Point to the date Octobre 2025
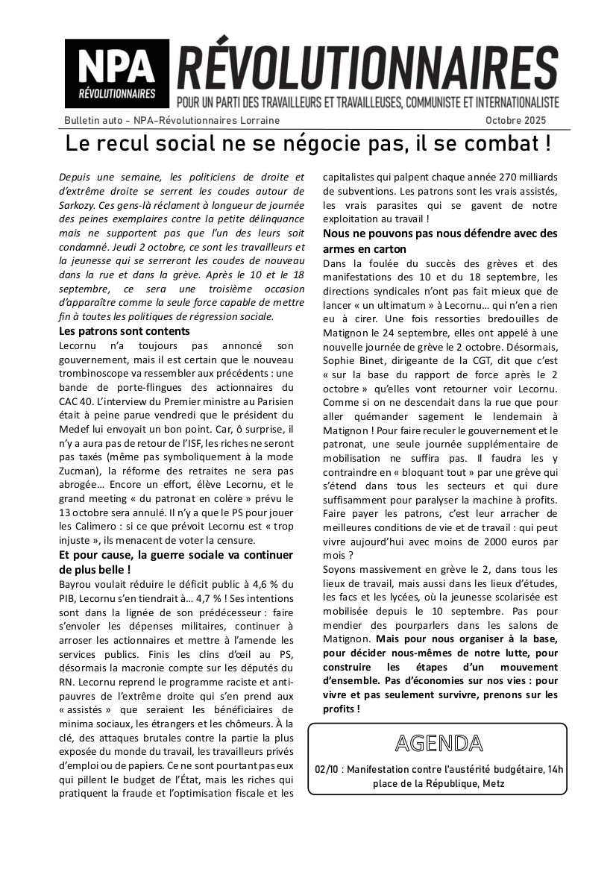click(516, 120)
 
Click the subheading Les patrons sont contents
click(125, 330)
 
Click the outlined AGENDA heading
click(437, 743)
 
